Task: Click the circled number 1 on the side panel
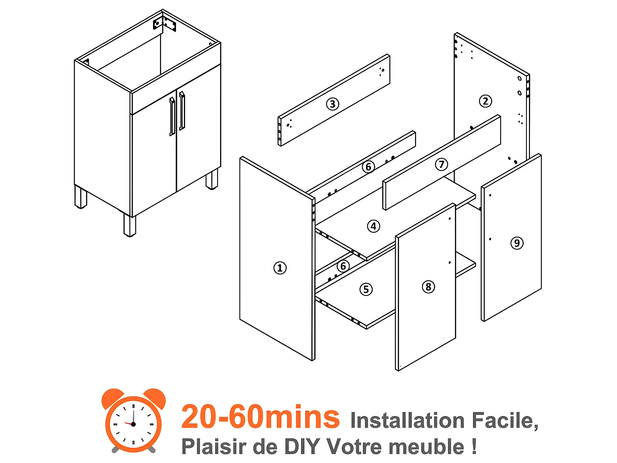tap(280, 268)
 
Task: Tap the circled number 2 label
tap(485, 101)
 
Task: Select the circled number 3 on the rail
tap(333, 104)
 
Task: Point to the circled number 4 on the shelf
tap(373, 226)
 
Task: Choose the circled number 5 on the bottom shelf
tap(366, 289)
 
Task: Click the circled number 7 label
tap(442, 164)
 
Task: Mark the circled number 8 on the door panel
tap(428, 286)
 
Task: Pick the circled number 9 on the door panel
tap(517, 243)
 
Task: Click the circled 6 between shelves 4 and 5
tap(343, 266)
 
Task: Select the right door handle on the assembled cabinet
tap(182, 111)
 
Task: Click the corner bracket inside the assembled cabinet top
tap(165, 24)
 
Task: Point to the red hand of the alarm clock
tap(128, 423)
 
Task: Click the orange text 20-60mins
tap(260, 416)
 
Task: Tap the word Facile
tap(505, 420)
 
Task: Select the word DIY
tap(302, 447)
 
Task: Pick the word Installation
tap(407, 420)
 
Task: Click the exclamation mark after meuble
tap(474, 447)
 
